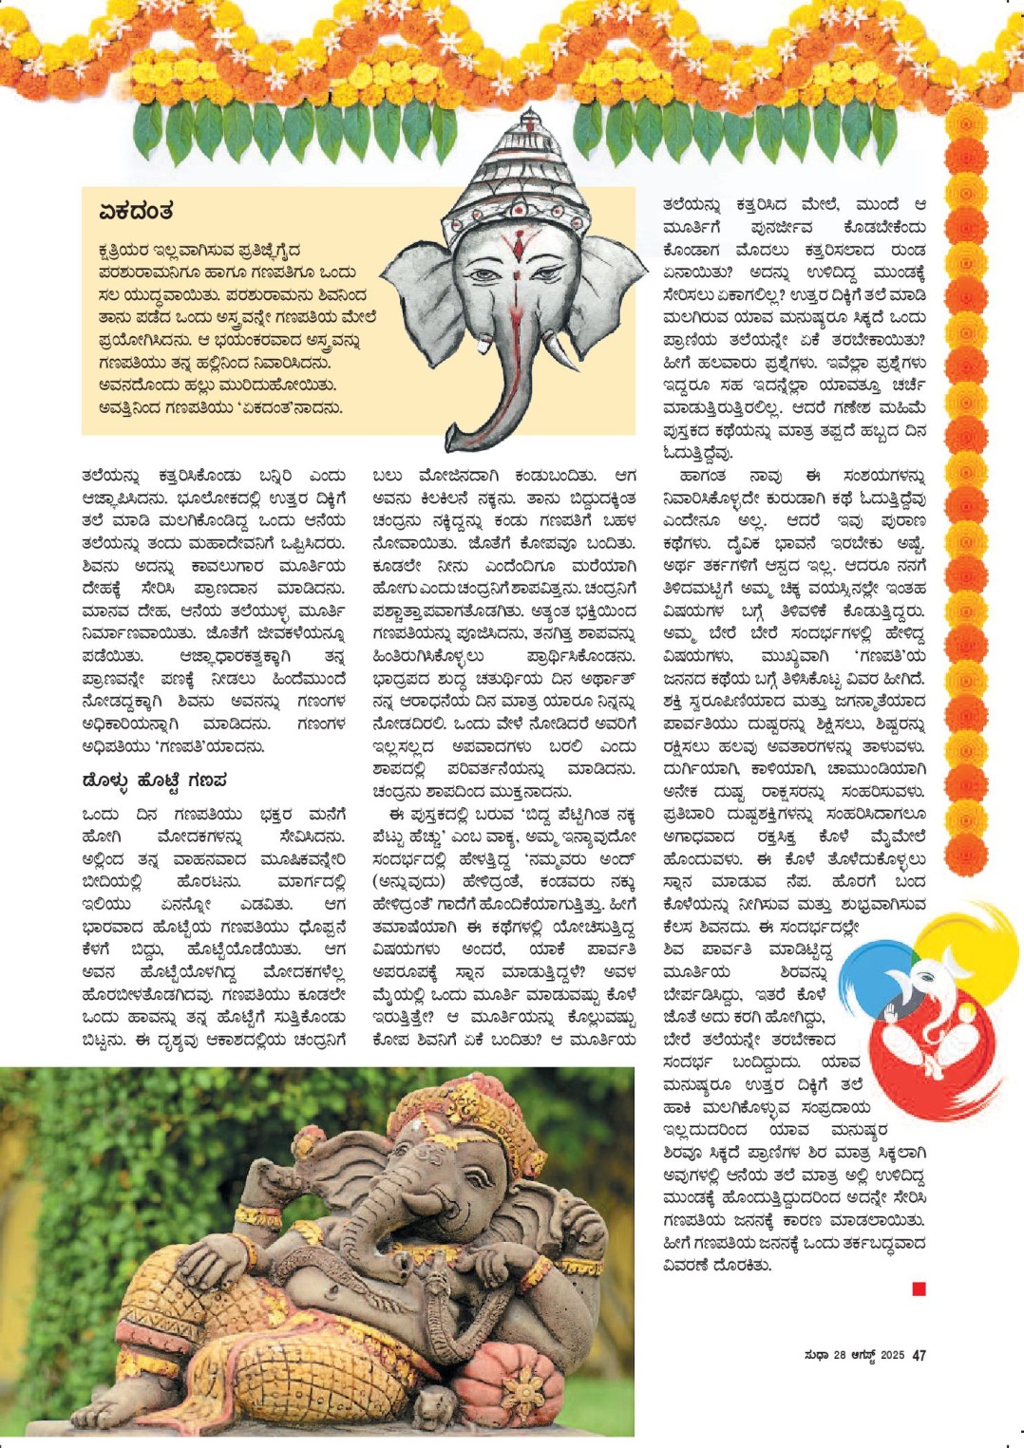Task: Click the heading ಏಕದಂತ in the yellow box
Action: pos(135,211)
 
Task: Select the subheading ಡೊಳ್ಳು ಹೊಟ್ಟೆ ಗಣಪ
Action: pos(154,780)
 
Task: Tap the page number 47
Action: pos(919,1356)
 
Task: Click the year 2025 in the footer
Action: pos(891,1356)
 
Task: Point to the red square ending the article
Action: pos(919,1288)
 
